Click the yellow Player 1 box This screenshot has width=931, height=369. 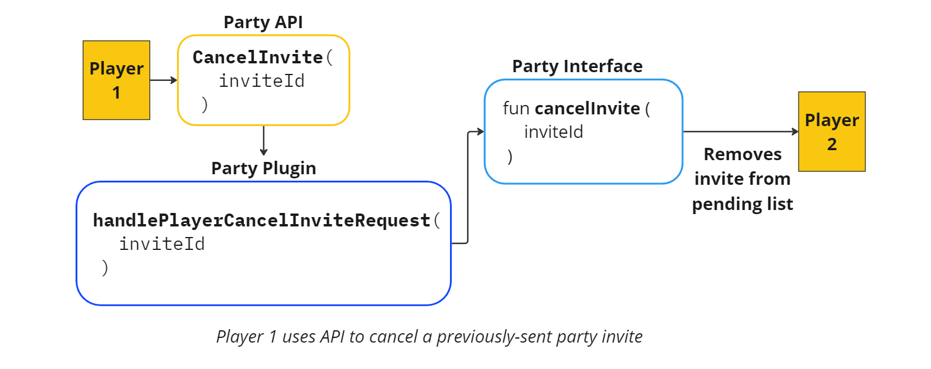116,80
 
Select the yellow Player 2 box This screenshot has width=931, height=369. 831,131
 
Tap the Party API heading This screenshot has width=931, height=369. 263,22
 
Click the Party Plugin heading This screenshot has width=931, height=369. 264,168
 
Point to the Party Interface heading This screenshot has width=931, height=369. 577,66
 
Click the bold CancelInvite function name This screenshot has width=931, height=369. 258,57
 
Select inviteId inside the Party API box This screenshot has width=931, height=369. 261,81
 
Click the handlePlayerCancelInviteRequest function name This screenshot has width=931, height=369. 261,221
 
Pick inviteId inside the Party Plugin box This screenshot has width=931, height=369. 162,244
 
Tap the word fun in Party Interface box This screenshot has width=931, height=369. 516,109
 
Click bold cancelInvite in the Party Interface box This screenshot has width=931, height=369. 587,109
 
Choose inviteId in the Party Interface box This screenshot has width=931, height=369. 553,132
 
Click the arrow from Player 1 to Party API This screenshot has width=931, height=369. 163,80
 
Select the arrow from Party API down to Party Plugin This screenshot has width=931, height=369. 264,141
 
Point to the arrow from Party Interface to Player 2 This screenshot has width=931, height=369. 741,131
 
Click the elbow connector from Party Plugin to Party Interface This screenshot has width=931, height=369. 468,188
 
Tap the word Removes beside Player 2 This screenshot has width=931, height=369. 742,154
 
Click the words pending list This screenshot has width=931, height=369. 742,204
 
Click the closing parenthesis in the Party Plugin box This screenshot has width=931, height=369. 105,268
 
